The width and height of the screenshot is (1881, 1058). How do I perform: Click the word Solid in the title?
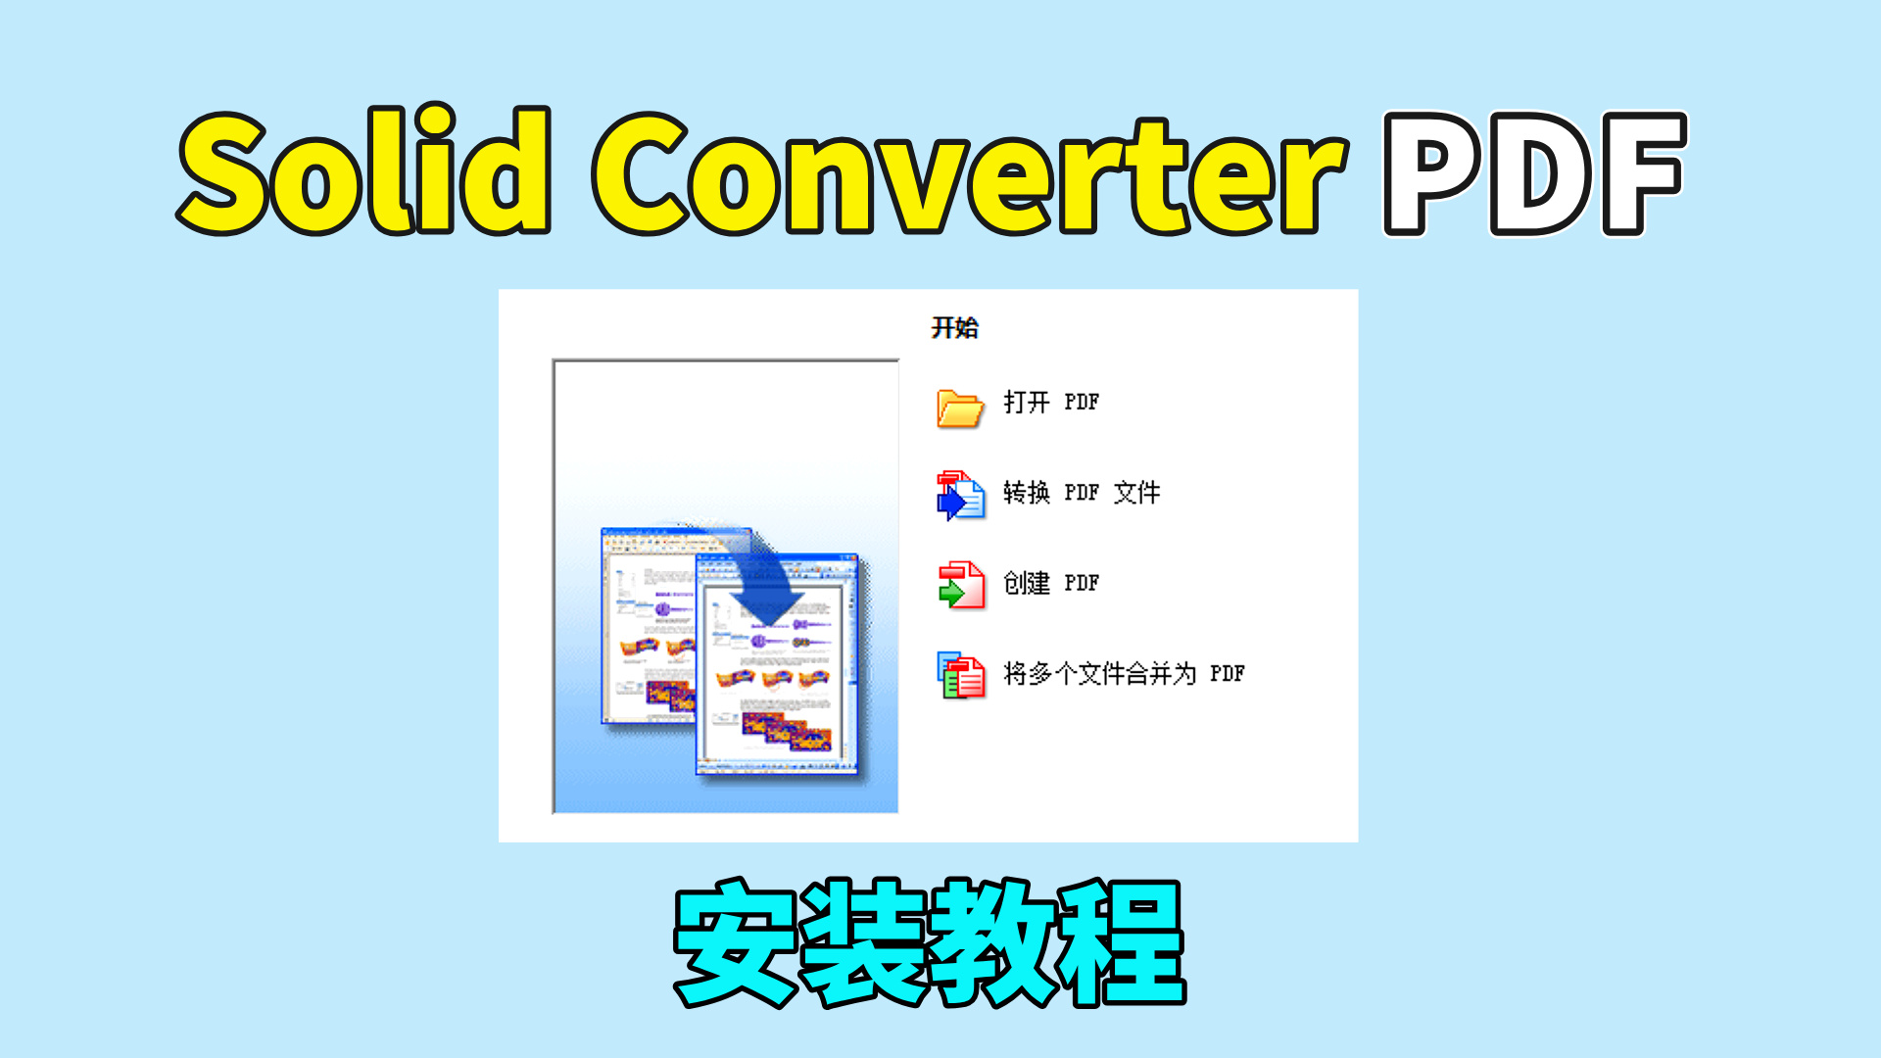tap(364, 173)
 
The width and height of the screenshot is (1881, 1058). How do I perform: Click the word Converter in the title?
tap(970, 173)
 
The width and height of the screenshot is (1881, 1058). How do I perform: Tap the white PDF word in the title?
tap(1534, 173)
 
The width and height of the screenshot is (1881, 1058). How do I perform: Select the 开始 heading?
tap(954, 327)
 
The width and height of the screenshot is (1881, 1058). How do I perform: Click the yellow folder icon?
tap(959, 407)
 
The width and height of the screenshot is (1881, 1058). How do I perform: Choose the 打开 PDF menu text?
tap(1051, 402)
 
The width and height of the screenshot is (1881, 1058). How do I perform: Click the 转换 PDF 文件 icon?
tap(959, 495)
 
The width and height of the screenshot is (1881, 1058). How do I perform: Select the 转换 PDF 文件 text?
tap(1082, 492)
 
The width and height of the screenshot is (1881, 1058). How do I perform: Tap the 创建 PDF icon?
tap(961, 585)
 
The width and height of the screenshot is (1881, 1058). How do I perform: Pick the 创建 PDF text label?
tap(1051, 583)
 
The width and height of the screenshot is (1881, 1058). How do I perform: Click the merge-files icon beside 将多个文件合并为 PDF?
tap(961, 675)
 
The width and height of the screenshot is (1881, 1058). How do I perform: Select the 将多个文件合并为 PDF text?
tap(1124, 674)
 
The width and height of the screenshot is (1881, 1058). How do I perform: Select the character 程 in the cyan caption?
tap(1121, 942)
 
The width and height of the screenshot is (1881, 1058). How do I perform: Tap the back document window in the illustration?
tap(642, 627)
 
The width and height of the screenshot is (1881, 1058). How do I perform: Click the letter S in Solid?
tap(225, 173)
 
